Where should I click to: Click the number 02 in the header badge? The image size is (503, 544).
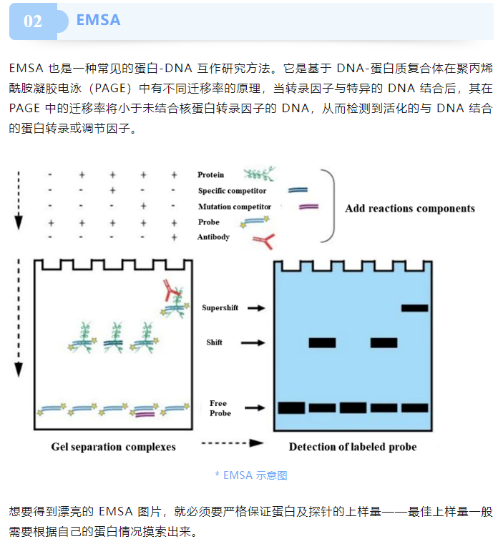pyautogui.click(x=33, y=21)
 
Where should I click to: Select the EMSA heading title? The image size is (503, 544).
pyautogui.click(x=98, y=20)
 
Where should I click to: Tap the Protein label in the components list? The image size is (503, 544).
pyautogui.click(x=210, y=174)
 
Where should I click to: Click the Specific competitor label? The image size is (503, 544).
pyautogui.click(x=232, y=190)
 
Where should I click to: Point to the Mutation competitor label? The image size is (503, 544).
pyautogui.click(x=235, y=207)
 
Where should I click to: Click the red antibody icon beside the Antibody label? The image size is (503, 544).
pyautogui.click(x=264, y=241)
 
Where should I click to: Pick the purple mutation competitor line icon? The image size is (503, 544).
pyautogui.click(x=308, y=207)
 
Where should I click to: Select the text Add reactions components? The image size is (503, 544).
pyautogui.click(x=410, y=208)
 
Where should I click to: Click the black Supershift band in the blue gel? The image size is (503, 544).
pyautogui.click(x=415, y=308)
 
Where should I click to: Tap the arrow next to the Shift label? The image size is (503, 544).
pyautogui.click(x=253, y=343)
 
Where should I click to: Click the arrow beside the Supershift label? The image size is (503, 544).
pyautogui.click(x=256, y=307)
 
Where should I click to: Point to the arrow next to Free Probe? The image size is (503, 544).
pyautogui.click(x=255, y=408)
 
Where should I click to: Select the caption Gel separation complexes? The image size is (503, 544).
pyautogui.click(x=113, y=447)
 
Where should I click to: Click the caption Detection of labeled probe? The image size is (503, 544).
pyautogui.click(x=353, y=447)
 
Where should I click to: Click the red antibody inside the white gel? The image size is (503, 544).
pyautogui.click(x=170, y=290)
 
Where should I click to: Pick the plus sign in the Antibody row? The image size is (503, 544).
pyautogui.click(x=174, y=237)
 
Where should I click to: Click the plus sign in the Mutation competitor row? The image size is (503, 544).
pyautogui.click(x=143, y=206)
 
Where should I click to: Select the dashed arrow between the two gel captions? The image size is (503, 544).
pyautogui.click(x=233, y=443)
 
